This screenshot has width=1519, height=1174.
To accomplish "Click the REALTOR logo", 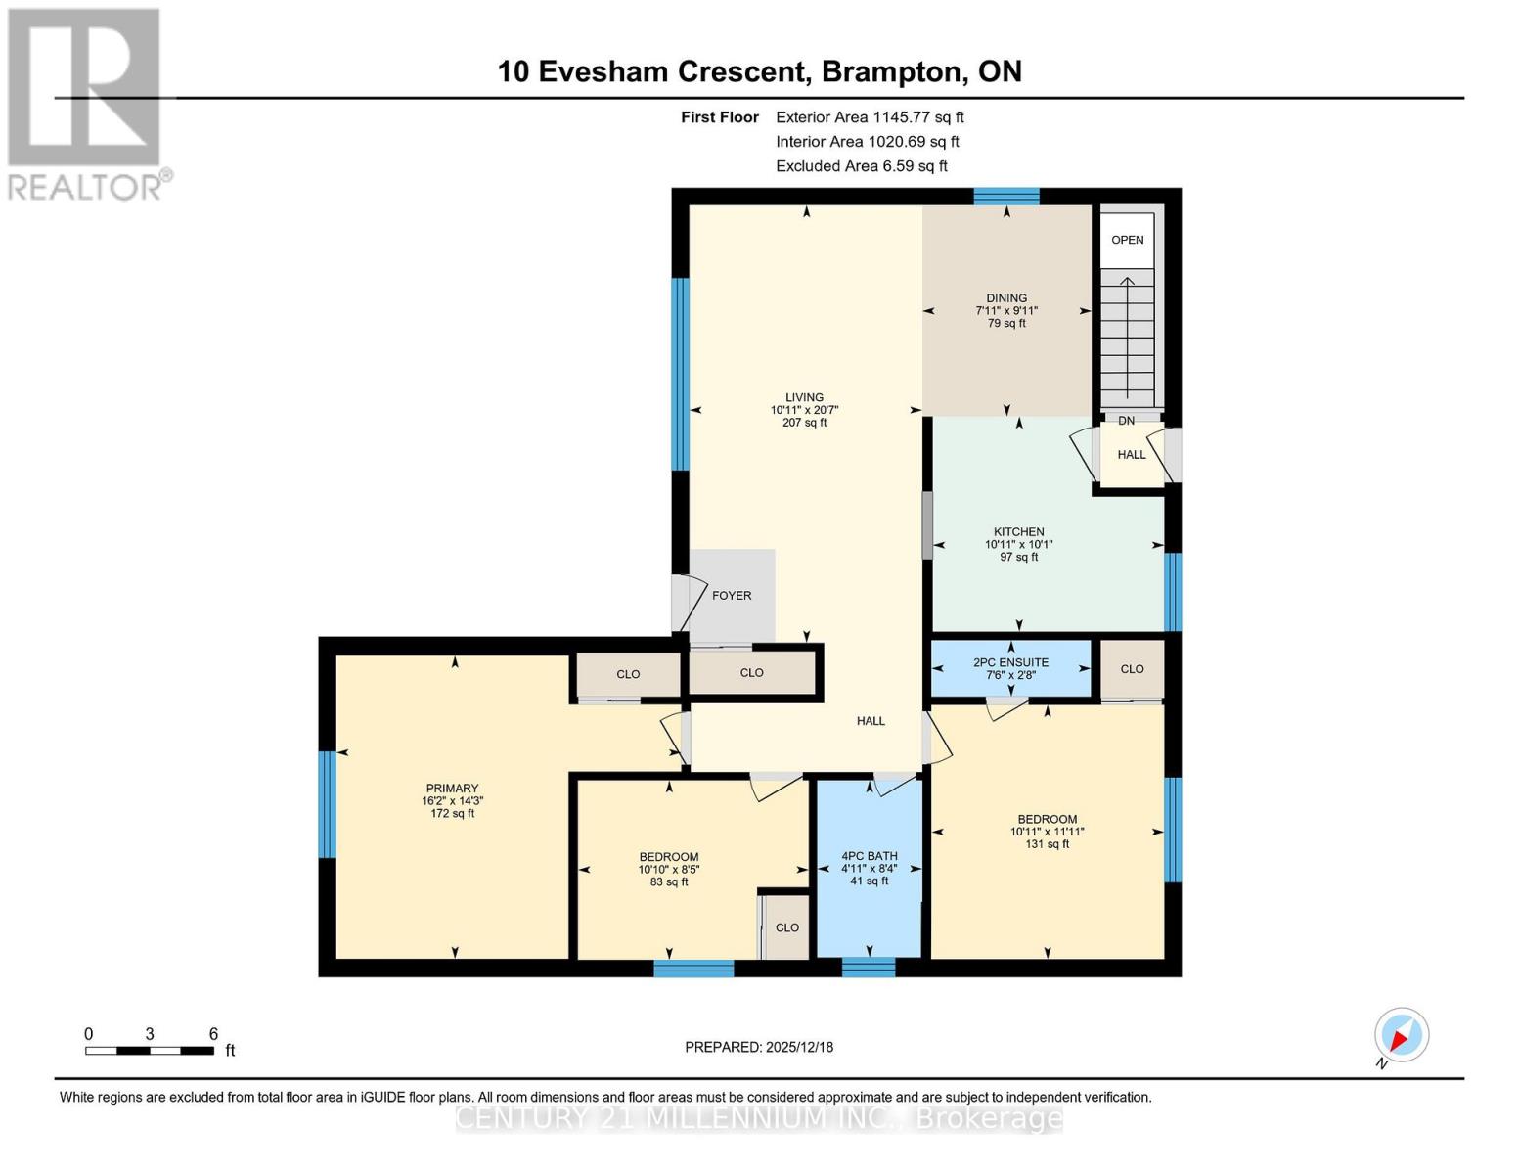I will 86,103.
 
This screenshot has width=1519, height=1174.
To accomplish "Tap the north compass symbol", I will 1402,1035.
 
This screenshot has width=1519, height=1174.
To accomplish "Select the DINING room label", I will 1006,298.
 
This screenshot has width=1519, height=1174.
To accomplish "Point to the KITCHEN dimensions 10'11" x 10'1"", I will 1018,545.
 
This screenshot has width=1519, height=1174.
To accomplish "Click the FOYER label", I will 732,596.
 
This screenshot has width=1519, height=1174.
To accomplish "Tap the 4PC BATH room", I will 870,868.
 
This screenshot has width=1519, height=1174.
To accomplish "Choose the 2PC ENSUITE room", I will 1010,668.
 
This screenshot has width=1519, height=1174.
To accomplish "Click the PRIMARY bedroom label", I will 452,789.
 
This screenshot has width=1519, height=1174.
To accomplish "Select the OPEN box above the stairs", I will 1128,240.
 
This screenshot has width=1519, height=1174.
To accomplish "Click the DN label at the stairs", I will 1127,421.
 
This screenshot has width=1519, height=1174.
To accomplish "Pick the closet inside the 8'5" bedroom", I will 787,927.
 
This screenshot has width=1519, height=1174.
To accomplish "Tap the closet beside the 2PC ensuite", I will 1133,669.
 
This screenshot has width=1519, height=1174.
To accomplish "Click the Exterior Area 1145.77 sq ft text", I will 870,117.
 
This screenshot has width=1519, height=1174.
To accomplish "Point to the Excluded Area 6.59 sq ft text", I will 862,166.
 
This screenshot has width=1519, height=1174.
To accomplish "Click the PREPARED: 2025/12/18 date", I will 759,1047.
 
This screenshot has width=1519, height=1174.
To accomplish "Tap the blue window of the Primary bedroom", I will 328,804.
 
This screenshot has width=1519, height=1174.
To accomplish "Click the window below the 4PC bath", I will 869,968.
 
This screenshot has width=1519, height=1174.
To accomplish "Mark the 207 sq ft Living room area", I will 804,424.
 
